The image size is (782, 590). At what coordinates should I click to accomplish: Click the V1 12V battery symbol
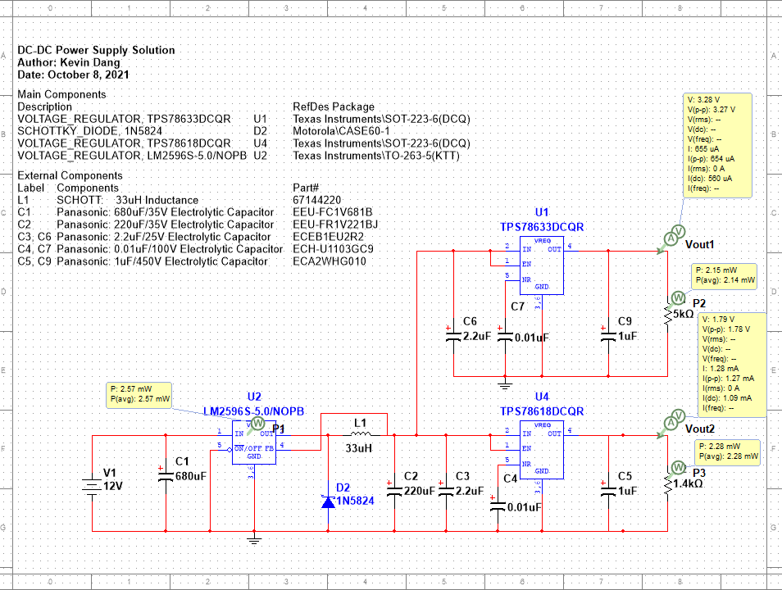click(91, 484)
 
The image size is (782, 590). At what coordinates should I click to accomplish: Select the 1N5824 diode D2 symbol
click(329, 501)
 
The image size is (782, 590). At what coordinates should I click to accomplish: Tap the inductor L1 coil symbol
click(360, 435)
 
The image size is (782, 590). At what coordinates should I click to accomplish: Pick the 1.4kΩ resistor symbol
click(667, 485)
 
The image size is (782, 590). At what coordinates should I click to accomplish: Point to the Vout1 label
click(700, 245)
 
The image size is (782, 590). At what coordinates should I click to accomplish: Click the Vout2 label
click(700, 429)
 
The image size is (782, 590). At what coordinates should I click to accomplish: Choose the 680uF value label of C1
click(190, 476)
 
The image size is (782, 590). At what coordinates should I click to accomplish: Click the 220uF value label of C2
click(420, 491)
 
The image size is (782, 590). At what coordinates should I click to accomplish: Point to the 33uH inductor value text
click(359, 448)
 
